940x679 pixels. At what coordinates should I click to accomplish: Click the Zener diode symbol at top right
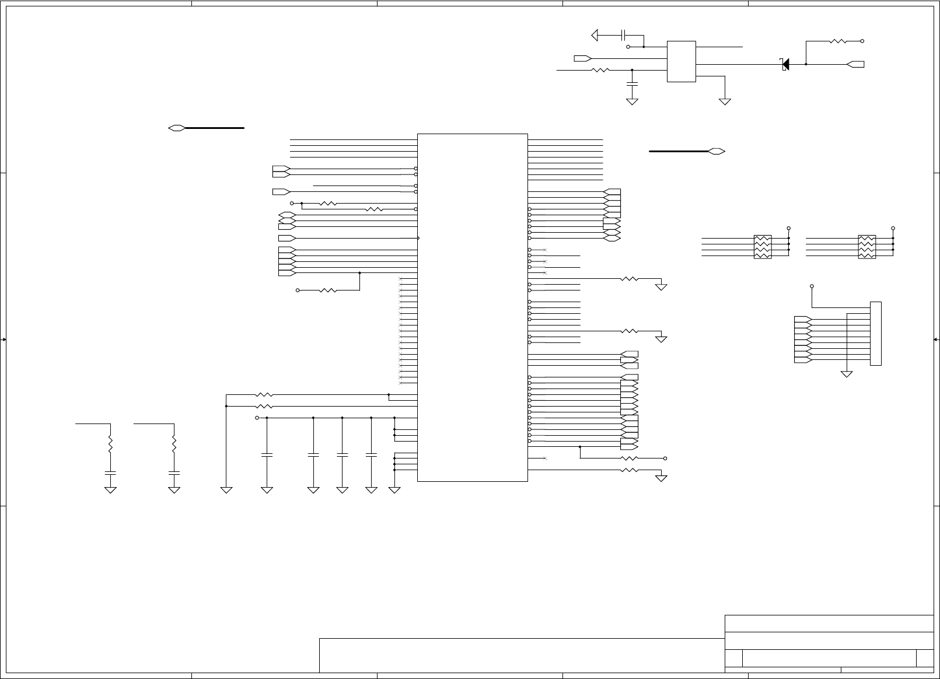(785, 64)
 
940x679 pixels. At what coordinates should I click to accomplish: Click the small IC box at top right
(682, 61)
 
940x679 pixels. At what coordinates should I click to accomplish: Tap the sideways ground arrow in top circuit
(595, 36)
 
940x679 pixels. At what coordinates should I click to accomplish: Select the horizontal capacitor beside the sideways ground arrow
(624, 36)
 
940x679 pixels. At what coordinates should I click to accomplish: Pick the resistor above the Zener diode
(838, 41)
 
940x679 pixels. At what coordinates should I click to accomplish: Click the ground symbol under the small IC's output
(725, 101)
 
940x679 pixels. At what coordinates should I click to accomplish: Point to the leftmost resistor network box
(763, 247)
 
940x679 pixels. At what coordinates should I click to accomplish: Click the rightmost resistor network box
(867, 247)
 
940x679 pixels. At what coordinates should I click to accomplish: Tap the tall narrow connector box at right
(875, 334)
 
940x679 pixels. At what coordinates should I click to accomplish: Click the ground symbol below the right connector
(847, 373)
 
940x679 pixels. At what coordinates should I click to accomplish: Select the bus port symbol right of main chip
(717, 151)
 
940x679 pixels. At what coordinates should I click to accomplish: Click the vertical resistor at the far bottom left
(110, 445)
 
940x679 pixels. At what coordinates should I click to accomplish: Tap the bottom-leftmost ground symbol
(110, 489)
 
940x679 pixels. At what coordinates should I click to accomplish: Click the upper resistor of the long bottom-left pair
(264, 395)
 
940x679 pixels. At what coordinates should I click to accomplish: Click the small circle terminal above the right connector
(812, 286)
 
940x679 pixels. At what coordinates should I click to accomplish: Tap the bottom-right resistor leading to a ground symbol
(629, 470)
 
